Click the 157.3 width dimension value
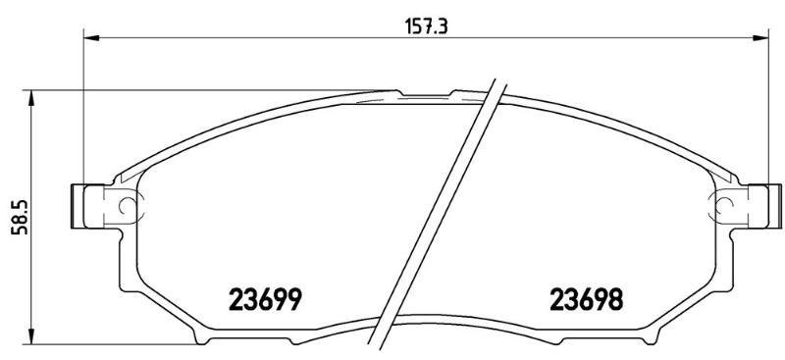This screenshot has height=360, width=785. coord(426,26)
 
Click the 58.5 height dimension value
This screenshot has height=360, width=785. coord(22,217)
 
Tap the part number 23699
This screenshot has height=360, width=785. coord(265,300)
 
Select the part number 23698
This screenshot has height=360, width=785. coord(586,300)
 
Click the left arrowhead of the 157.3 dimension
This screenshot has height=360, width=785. coord(91,37)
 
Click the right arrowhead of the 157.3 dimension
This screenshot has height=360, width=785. coord(759,37)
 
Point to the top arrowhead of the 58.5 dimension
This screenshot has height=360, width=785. coord(31,98)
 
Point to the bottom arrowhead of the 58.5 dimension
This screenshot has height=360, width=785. coord(31,336)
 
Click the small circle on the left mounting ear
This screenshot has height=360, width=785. coord(127,205)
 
